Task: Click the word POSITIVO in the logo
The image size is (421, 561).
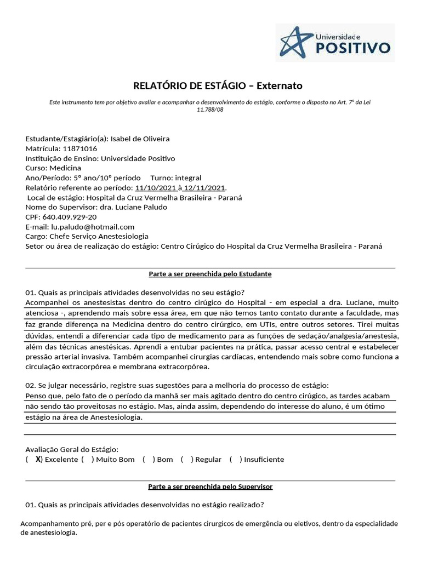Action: pos(354,48)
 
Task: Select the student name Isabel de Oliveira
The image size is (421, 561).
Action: pos(140,139)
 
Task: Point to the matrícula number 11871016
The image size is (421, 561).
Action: pos(80,148)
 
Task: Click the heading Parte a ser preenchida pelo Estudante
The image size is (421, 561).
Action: pos(210,273)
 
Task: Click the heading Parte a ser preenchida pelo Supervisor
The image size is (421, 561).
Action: pos(210,486)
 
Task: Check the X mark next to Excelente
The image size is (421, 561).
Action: pos(38,459)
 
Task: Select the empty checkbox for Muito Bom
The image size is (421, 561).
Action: pos(87,460)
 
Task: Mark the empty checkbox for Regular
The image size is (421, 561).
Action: pos(186,460)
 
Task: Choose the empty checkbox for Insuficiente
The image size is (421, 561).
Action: pos(235,460)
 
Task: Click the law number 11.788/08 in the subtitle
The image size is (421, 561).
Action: pos(210,110)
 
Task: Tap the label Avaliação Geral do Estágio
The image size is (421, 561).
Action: pos(72,449)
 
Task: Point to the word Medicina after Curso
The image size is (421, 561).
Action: pos(65,168)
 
